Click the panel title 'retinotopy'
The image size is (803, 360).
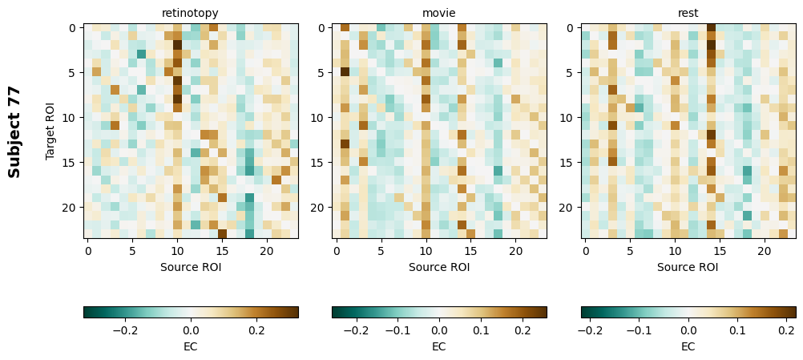[x=190, y=13]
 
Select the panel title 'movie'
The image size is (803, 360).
[x=438, y=13]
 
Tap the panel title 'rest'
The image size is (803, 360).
[x=688, y=13]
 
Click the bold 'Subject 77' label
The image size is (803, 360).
[x=14, y=131]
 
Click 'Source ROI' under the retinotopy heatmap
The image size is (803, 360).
[x=191, y=267]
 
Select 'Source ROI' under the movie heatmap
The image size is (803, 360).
[x=439, y=267]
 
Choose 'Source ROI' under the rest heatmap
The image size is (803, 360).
[x=688, y=267]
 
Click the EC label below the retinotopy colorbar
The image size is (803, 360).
[x=191, y=346]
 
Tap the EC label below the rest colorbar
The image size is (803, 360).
[x=688, y=346]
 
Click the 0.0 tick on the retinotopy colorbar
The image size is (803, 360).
[x=191, y=330]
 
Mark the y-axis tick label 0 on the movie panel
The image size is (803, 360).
[x=324, y=28]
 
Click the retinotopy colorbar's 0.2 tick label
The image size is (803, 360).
[x=256, y=330]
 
